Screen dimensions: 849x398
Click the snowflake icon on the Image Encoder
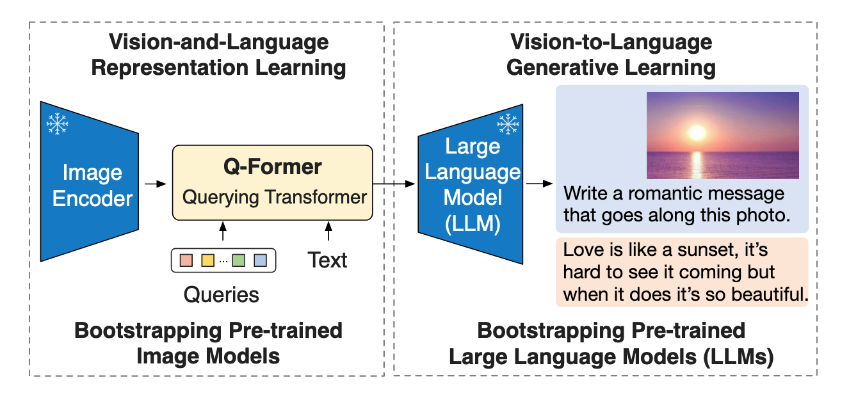57,123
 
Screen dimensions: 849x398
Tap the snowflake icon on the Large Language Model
508,124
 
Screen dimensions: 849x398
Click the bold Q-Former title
273,166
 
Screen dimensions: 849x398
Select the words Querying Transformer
275,197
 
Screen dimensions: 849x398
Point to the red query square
186,260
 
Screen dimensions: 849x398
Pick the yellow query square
207,260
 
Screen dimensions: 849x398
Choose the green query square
238,260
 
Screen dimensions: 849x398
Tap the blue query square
261,260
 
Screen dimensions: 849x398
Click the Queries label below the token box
222,294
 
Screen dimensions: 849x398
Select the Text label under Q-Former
327,260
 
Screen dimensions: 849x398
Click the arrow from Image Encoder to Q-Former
156,184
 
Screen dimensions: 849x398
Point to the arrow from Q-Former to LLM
394,184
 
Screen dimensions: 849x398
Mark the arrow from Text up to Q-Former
328,231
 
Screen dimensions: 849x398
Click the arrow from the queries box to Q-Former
223,231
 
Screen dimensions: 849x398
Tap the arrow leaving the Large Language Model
540,184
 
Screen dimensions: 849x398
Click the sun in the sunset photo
697,132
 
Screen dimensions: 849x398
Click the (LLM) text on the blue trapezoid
473,223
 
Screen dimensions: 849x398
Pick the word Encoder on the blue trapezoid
92,198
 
